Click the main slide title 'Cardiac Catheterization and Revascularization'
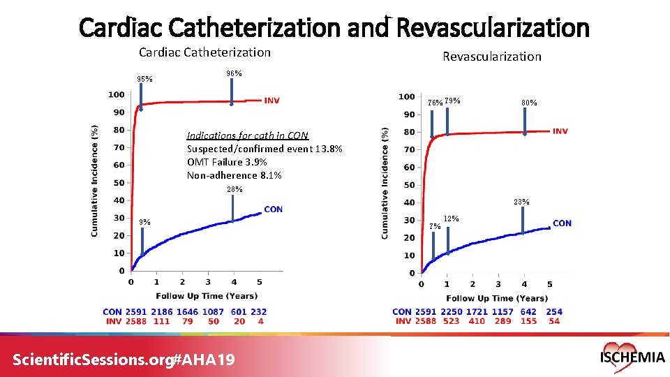(x=334, y=28)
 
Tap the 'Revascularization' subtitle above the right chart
(x=492, y=57)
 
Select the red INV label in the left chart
(x=271, y=101)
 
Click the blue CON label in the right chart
(x=562, y=223)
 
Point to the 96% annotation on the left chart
(x=234, y=74)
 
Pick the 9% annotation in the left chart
(x=144, y=223)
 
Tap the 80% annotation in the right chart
(x=529, y=103)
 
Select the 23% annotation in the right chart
(x=521, y=202)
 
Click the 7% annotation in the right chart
(x=434, y=226)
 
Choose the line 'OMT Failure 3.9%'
(x=227, y=162)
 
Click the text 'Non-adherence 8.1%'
(x=234, y=175)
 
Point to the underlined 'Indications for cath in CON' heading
(x=247, y=135)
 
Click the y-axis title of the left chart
(x=95, y=180)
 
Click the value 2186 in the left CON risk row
(x=161, y=312)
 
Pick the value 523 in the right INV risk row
(x=451, y=321)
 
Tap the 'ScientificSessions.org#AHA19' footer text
(x=124, y=360)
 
